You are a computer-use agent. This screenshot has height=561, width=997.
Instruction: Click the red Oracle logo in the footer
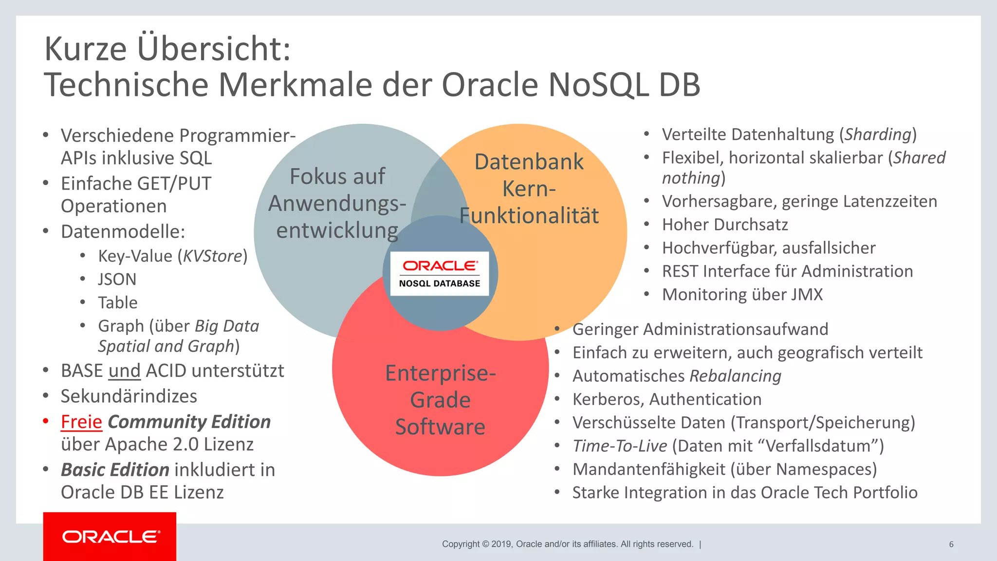tap(110, 537)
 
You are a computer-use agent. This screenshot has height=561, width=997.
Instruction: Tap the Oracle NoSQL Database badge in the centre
tap(440, 274)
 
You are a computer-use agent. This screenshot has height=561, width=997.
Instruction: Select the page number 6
tap(951, 544)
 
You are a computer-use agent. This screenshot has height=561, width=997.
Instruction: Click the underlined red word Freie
tap(81, 422)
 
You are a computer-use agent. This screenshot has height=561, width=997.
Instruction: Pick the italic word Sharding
tap(878, 134)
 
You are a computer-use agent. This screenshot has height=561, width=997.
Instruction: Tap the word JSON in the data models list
tap(117, 280)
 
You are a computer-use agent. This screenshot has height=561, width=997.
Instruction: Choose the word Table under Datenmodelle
tap(118, 303)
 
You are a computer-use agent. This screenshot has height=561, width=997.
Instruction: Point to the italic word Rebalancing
tap(735, 376)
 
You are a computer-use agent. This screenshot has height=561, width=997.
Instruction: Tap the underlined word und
tap(125, 371)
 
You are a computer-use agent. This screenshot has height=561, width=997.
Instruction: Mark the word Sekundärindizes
tap(129, 396)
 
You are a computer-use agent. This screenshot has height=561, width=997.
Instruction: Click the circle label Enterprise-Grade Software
tap(440, 400)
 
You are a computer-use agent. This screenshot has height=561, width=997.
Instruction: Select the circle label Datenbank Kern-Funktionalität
tap(529, 189)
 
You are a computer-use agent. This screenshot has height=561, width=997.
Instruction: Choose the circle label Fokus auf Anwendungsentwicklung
tap(337, 204)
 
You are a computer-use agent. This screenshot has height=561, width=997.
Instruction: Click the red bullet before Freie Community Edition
tap(46, 421)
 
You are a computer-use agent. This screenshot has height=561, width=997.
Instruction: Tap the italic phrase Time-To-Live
tap(619, 446)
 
